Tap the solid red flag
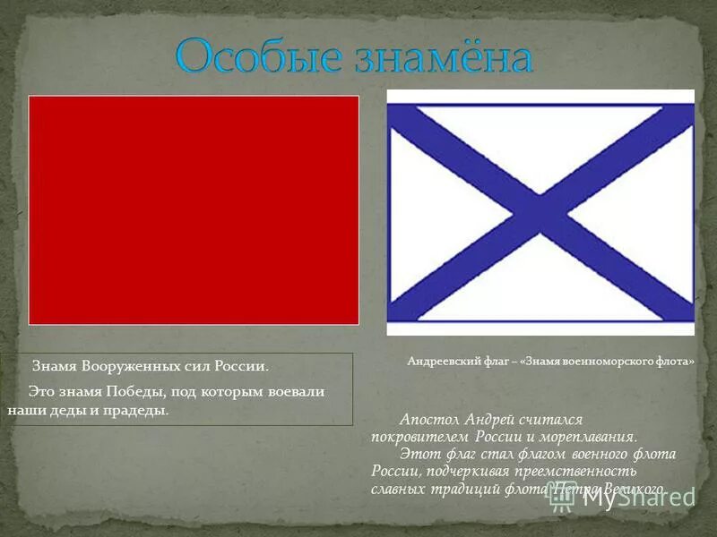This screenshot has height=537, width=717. pos(194,209)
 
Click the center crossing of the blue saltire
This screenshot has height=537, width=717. pos(540,213)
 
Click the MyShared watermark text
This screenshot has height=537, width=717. pos(638,498)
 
